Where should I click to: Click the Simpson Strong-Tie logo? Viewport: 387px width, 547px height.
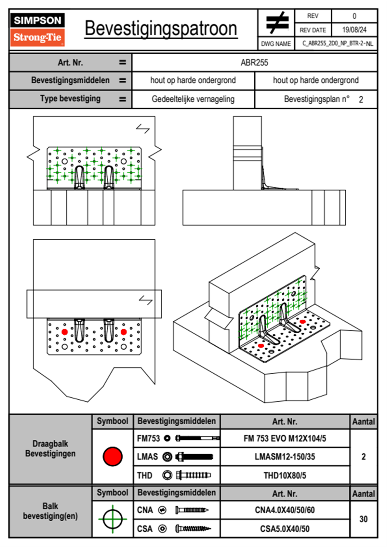click(x=37, y=29)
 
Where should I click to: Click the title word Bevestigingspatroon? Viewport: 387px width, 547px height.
click(x=161, y=29)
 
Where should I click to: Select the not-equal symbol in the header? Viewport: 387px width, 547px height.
click(x=277, y=23)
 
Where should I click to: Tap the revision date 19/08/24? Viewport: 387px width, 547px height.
click(x=354, y=30)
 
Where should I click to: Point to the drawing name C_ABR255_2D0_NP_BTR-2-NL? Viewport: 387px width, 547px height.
click(x=337, y=44)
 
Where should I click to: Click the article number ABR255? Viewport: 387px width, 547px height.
click(x=254, y=63)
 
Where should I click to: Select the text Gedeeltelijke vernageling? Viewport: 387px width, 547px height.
click(x=193, y=99)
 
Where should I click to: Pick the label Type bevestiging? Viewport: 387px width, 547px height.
click(x=70, y=99)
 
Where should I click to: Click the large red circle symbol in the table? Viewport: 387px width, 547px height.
click(x=113, y=456)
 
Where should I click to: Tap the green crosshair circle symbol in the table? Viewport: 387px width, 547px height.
click(x=113, y=519)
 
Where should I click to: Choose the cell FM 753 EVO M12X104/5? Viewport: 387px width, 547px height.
click(x=285, y=438)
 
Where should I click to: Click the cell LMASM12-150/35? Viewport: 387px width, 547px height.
click(x=285, y=457)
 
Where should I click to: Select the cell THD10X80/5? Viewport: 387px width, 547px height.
click(x=285, y=475)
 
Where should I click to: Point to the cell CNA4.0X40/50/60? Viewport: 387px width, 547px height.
click(x=285, y=510)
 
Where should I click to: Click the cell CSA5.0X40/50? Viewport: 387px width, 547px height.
click(x=285, y=529)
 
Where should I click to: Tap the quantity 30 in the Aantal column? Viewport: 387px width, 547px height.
click(x=363, y=519)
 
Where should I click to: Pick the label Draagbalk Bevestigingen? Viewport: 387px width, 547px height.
click(x=50, y=448)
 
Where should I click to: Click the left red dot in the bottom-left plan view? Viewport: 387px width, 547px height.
click(x=65, y=332)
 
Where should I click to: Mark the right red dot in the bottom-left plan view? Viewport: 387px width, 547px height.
click(x=124, y=332)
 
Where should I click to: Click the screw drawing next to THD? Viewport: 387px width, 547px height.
click(x=193, y=475)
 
